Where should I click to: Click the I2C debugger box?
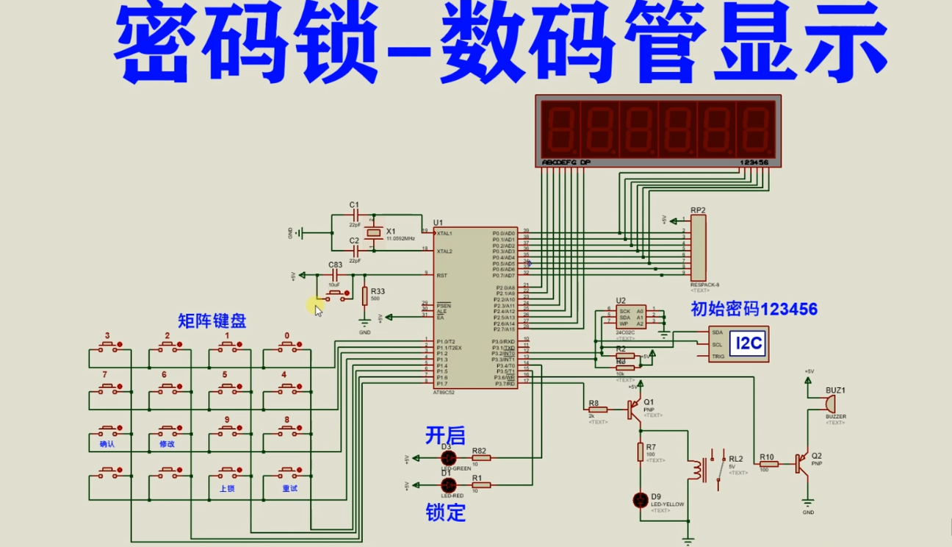[738, 343]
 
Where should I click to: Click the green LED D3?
[446, 457]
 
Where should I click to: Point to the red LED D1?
[446, 485]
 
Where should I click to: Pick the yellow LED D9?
[641, 500]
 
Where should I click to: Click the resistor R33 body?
[364, 296]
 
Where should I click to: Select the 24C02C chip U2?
[631, 317]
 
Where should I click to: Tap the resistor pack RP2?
[697, 249]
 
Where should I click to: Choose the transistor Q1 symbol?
[633, 410]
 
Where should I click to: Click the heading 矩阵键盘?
[212, 321]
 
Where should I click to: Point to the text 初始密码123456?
[754, 309]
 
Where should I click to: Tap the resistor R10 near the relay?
[768, 463]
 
